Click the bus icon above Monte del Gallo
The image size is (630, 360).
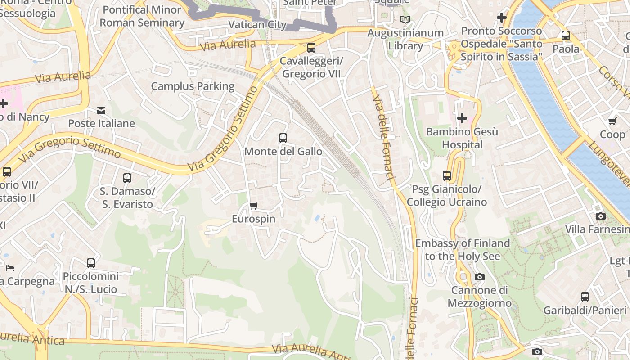[x=283, y=138]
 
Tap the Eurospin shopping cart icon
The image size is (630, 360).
[x=253, y=206]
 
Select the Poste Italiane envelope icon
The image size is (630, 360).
[x=102, y=110]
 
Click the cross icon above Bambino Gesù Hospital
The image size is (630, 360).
[x=462, y=119]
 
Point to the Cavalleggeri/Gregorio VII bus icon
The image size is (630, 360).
[x=311, y=47]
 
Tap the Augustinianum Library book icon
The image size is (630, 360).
[x=405, y=20]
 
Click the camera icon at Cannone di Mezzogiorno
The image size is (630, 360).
[x=480, y=277]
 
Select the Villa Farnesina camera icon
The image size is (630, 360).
[x=600, y=216]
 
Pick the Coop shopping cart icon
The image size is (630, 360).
[x=612, y=121]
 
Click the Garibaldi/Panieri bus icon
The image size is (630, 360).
[x=585, y=297]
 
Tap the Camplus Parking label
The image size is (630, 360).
[x=193, y=86]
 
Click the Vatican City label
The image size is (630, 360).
[x=257, y=25]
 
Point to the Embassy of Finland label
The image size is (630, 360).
[x=462, y=250]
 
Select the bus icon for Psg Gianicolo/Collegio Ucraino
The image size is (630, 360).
[x=447, y=176]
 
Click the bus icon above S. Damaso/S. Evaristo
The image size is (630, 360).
[x=127, y=178]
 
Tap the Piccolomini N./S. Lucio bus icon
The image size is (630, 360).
[x=91, y=263]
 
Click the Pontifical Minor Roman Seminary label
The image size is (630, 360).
[x=142, y=16]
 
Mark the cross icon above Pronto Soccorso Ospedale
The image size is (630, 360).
[x=502, y=18]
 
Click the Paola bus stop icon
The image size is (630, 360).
[x=566, y=36]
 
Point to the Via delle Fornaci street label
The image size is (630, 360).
[x=383, y=135]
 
